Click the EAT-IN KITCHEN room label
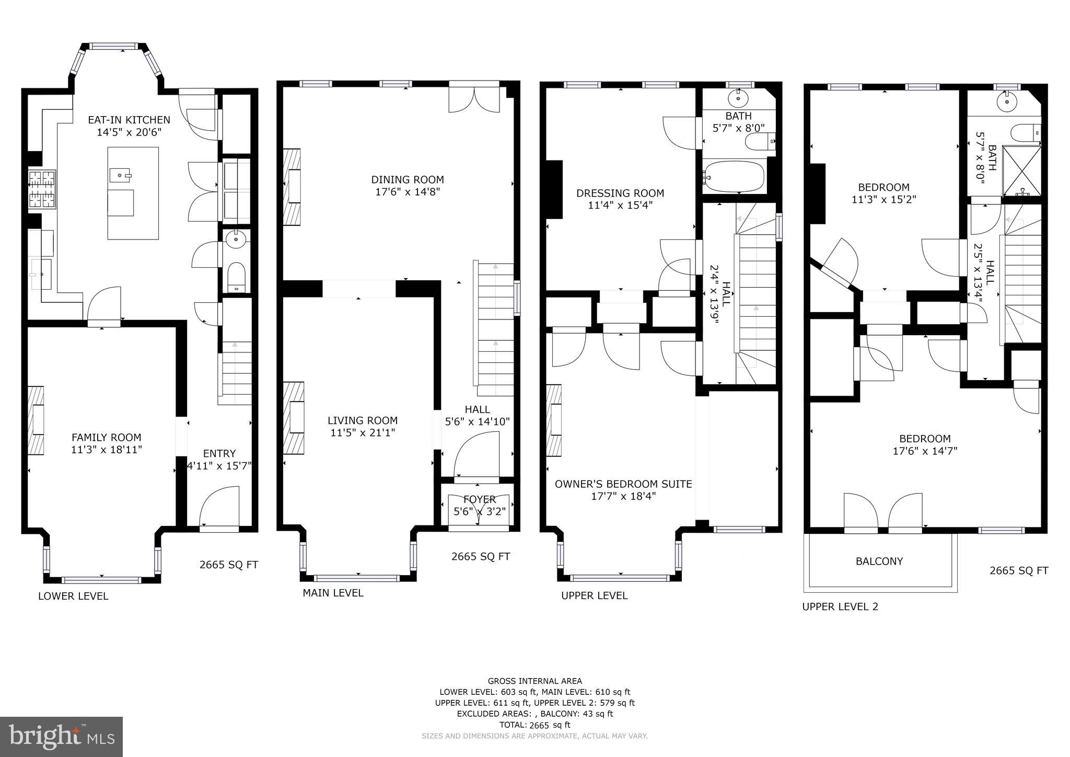[129, 120]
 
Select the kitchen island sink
[121, 174]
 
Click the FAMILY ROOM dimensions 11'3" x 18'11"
[107, 450]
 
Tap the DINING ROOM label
[408, 180]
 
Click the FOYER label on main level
[479, 500]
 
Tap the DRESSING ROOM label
[620, 193]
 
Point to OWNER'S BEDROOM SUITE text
[623, 484]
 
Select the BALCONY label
[879, 561]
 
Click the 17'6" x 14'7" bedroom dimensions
[925, 451]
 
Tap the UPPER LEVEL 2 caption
[840, 607]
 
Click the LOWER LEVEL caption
[73, 596]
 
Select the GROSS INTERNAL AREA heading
[534, 681]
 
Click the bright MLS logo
[61, 737]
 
